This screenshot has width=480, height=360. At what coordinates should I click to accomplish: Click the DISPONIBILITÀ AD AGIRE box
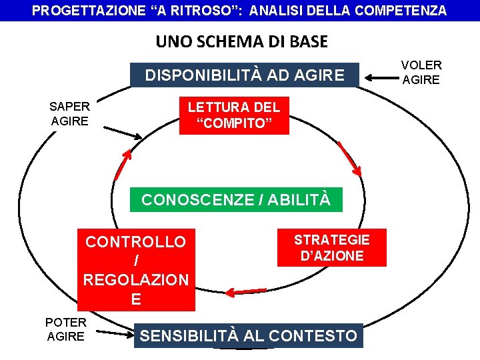[x=245, y=75]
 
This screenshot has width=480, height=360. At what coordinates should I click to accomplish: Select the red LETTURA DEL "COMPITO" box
[x=234, y=115]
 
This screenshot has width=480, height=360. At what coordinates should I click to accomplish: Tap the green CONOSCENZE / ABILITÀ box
[x=235, y=200]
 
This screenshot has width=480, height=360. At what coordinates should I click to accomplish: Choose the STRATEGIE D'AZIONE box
[x=331, y=248]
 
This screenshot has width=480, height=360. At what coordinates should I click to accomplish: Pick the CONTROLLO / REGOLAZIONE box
[x=136, y=270]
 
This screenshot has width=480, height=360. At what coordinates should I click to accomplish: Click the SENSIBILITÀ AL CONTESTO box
[x=248, y=335]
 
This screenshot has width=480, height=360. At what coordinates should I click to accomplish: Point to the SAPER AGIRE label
[x=69, y=113]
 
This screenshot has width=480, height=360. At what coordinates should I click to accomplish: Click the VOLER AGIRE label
[x=421, y=72]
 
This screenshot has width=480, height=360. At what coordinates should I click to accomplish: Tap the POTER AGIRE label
[x=65, y=329]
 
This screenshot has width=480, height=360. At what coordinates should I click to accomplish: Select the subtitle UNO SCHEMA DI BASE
[x=241, y=42]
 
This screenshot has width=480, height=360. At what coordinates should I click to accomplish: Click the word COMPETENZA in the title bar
[x=403, y=11]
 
